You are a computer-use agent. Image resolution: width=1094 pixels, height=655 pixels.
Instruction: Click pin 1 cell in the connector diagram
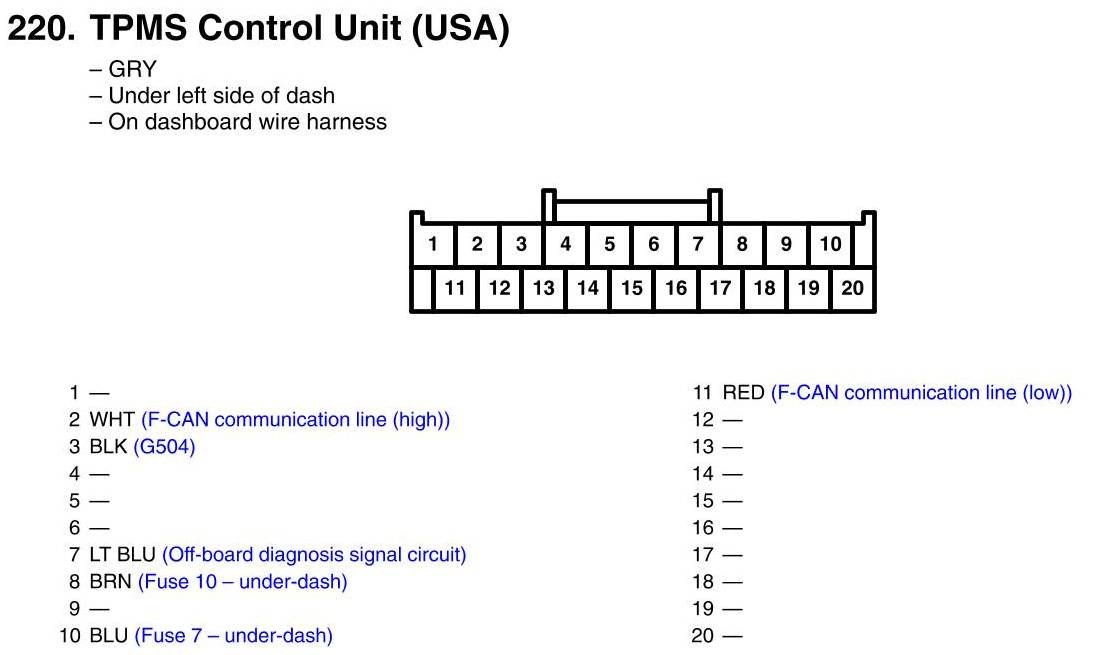[433, 244]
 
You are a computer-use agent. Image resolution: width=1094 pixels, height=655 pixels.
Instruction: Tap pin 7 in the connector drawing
[698, 244]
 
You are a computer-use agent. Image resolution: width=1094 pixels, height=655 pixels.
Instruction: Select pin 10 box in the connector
[830, 244]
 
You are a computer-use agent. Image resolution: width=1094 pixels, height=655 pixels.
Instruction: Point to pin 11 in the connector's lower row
[455, 289]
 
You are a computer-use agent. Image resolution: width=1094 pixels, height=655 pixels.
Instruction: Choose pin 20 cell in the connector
[852, 289]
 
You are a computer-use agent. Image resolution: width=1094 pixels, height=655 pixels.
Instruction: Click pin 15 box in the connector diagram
[632, 289]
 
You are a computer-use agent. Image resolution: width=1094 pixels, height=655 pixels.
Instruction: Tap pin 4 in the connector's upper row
[565, 244]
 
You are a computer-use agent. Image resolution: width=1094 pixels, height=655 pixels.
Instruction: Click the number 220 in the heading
[40, 29]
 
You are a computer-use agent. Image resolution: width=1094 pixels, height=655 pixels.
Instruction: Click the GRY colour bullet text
[132, 70]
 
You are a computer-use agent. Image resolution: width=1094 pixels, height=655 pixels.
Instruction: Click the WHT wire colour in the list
[112, 420]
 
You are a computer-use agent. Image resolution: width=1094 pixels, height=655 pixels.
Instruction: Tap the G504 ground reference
[164, 447]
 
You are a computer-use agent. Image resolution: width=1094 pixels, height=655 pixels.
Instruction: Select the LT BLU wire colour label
[123, 554]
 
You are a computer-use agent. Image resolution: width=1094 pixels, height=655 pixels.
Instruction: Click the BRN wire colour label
[111, 581]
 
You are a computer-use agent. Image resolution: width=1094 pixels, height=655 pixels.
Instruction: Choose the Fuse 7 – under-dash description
[233, 635]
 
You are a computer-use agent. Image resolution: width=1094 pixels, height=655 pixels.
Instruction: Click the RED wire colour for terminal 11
[743, 393]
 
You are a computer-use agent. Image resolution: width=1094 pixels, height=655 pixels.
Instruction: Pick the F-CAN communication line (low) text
[921, 393]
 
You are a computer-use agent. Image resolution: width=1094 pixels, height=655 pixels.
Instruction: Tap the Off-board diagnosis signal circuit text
[314, 554]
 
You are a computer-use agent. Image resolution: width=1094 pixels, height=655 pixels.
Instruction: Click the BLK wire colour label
[108, 447]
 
